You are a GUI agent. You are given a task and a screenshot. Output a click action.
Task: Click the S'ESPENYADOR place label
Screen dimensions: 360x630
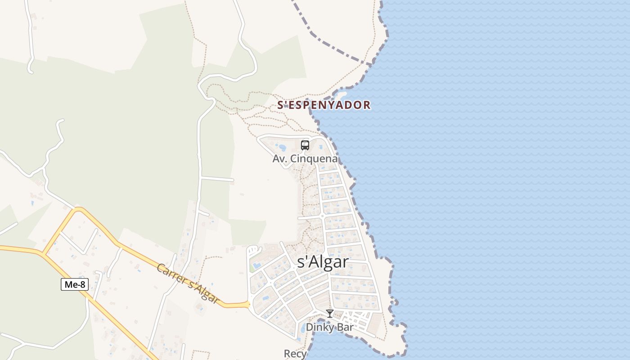coord(324,105)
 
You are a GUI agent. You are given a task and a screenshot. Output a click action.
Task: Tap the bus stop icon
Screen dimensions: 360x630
coord(305,145)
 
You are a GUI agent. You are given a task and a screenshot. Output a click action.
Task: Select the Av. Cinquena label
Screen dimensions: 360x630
coord(305,159)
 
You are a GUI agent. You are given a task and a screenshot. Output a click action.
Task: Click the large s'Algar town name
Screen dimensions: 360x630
coord(323,262)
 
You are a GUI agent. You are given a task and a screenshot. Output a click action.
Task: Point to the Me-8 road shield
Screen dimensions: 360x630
coord(75,284)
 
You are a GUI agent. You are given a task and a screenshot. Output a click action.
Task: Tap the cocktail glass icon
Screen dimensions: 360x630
coord(330,314)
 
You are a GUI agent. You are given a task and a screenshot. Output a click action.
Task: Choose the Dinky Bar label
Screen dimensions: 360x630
coord(330,327)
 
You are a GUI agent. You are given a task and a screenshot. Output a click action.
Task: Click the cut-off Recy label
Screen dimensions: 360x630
coord(295,354)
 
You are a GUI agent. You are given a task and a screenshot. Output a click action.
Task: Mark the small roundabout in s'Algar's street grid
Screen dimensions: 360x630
coord(322,216)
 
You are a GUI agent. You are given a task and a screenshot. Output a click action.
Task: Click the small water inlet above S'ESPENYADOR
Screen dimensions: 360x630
coord(340,95)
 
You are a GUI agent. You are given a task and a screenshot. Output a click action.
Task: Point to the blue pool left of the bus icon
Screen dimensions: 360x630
coord(282,147)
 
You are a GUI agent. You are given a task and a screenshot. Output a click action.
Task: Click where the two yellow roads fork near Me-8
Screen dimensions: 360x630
coord(43,253)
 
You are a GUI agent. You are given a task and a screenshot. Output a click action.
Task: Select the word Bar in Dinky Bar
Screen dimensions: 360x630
coord(344,327)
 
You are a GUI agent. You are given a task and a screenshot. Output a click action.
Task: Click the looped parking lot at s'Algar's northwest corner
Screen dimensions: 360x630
coord(254,249)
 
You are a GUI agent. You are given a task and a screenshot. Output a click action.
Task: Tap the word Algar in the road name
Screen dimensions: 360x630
coord(204,292)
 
